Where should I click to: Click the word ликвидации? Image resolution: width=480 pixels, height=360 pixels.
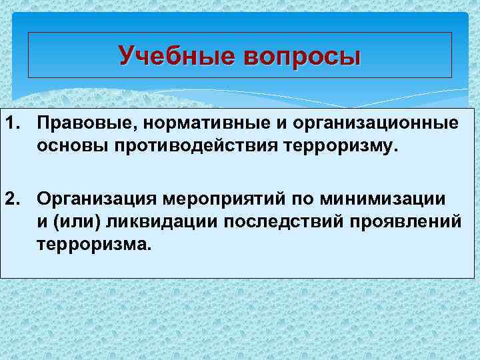click(150, 220)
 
